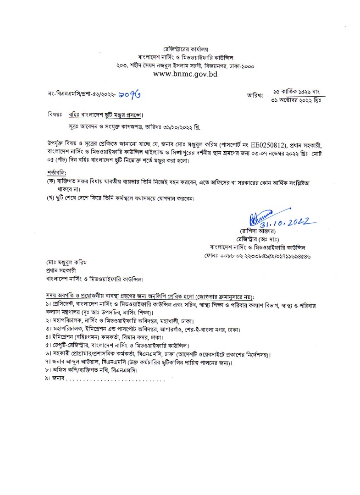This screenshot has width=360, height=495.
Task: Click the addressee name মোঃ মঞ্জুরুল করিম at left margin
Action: [x=66, y=262]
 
